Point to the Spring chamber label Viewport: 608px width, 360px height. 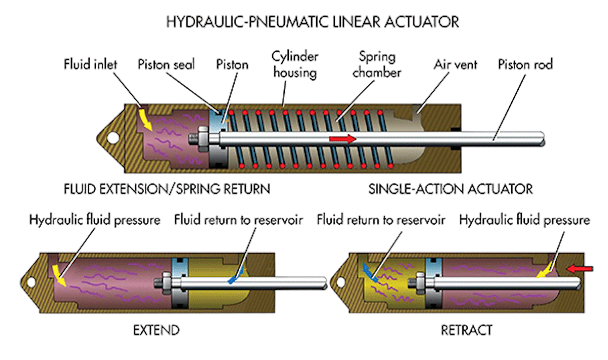coord(379,64)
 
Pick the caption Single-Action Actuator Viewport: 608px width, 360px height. coord(450,189)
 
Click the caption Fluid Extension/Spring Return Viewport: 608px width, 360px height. coord(167,189)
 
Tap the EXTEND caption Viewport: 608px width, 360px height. coord(156,331)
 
